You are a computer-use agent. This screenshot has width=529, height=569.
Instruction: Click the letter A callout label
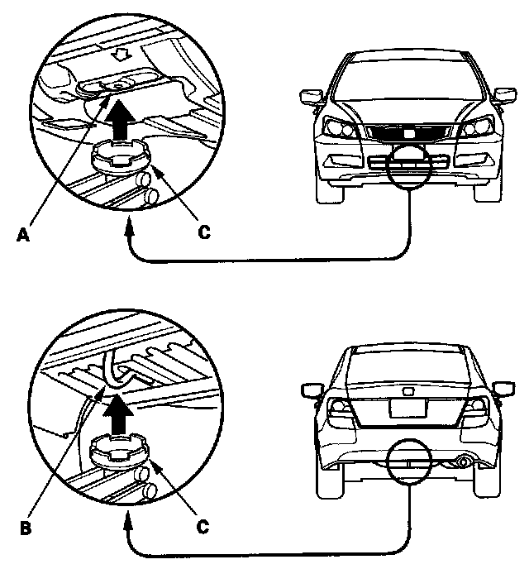coord(23,235)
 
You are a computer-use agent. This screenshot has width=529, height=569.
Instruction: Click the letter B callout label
coord(26,528)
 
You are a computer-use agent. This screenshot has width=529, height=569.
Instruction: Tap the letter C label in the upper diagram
coord(204,232)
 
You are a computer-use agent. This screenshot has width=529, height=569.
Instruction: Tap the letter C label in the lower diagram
coord(203,527)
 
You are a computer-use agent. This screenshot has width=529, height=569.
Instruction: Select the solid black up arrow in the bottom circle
coord(118,414)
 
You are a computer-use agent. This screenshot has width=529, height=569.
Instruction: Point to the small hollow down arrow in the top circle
coord(121,55)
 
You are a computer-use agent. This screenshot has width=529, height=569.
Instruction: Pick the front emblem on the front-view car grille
coord(409,133)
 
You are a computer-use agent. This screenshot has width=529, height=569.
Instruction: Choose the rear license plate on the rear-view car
coord(407,407)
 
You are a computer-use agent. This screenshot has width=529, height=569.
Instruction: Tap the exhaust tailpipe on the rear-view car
coord(463,462)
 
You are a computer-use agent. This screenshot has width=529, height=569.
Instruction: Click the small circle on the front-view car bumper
coord(408,166)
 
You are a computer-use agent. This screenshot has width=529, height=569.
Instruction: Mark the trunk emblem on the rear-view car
coord(407,391)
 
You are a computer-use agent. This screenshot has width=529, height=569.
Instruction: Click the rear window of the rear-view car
coord(408,367)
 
